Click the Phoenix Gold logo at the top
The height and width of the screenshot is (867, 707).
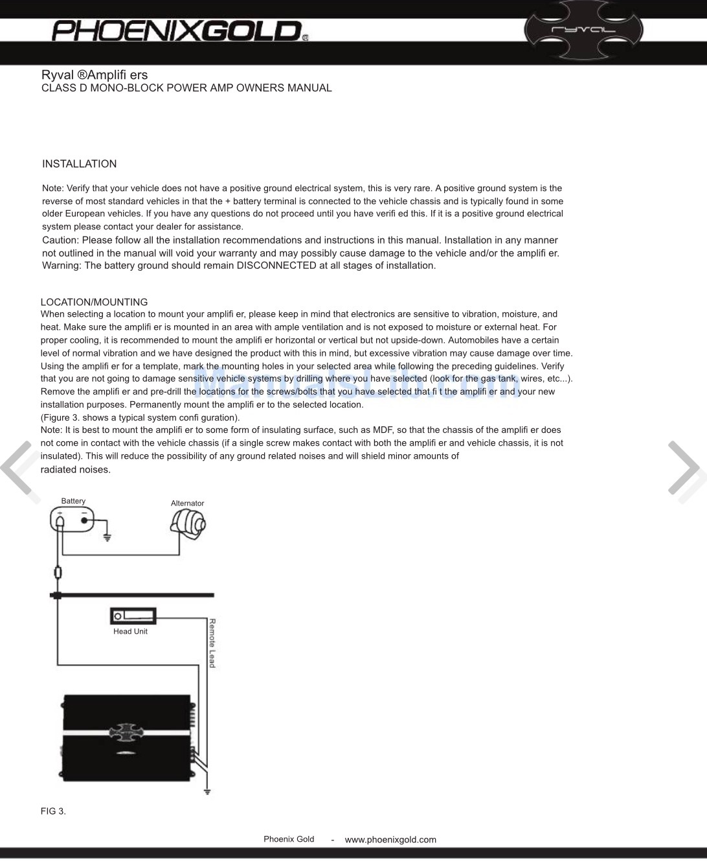176,30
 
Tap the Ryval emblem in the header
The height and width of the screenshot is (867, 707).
583,30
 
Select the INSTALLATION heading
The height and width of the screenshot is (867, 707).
79,164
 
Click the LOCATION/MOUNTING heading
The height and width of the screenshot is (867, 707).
94,302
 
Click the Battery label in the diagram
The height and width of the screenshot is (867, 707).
73,501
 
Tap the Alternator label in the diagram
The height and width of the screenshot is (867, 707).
187,503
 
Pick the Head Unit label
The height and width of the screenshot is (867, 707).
130,632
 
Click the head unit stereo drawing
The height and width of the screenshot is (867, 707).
133,616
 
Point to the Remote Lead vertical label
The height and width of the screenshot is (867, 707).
212,643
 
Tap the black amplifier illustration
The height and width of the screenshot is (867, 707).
127,739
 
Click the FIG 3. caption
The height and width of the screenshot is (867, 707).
53,811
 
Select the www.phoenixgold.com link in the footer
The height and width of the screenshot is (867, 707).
390,840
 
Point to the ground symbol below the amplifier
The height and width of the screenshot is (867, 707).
207,791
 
